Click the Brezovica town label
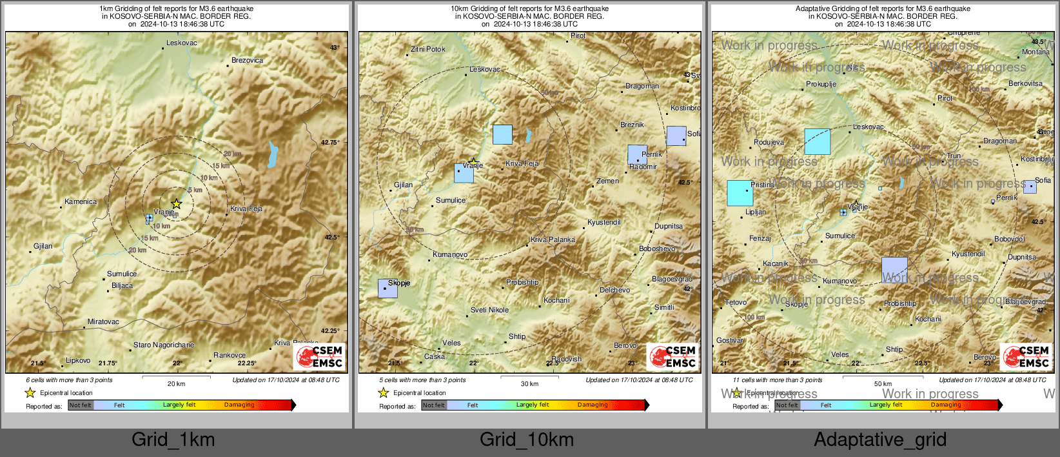point(247,60)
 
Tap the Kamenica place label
point(81,201)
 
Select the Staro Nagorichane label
point(163,345)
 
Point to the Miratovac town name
point(103,321)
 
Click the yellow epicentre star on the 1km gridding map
point(176,204)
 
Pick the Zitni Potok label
point(428,49)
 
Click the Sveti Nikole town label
point(489,310)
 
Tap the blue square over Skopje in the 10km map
point(388,288)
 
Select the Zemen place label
point(607,181)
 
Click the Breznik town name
point(632,125)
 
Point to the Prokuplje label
point(821,84)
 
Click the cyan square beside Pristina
point(740,193)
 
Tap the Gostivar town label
point(730,340)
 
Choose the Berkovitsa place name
point(1025,83)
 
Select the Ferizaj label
point(760,238)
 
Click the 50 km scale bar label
point(883,383)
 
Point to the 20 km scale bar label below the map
point(176,383)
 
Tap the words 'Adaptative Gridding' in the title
point(826,8)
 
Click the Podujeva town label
point(769,142)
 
